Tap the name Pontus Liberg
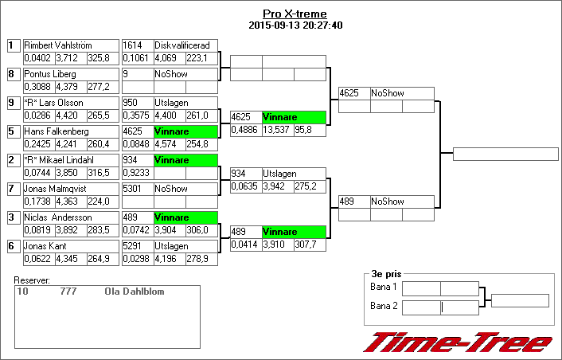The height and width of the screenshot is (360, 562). click(x=50, y=74)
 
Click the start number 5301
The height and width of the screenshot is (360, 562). click(x=132, y=189)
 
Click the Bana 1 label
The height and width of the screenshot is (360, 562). click(x=384, y=286)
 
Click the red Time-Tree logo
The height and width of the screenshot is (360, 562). click(x=458, y=342)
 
